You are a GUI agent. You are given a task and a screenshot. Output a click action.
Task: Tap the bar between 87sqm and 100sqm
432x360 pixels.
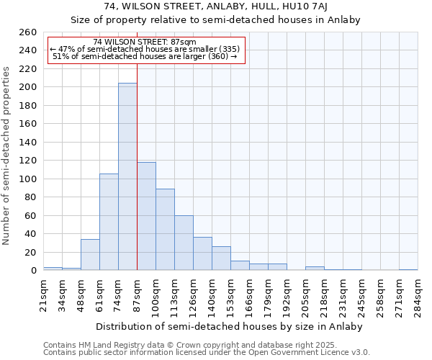pos(146,216)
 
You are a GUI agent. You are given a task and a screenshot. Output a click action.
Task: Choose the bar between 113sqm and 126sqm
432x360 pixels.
pos(184,243)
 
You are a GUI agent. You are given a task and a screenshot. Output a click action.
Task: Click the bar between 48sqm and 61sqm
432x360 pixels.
pos(90,255)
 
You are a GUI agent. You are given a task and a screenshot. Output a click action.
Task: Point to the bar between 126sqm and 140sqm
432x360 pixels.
pos(202,253)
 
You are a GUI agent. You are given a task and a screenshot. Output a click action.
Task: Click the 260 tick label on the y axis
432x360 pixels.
pos(27,32)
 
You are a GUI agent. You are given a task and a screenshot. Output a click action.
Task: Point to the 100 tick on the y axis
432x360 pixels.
pos(27,179)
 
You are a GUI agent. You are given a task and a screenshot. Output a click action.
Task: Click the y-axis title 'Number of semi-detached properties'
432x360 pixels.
pos(8,155)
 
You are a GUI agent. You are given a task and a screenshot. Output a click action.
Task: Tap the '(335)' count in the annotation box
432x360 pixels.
pos(229,49)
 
